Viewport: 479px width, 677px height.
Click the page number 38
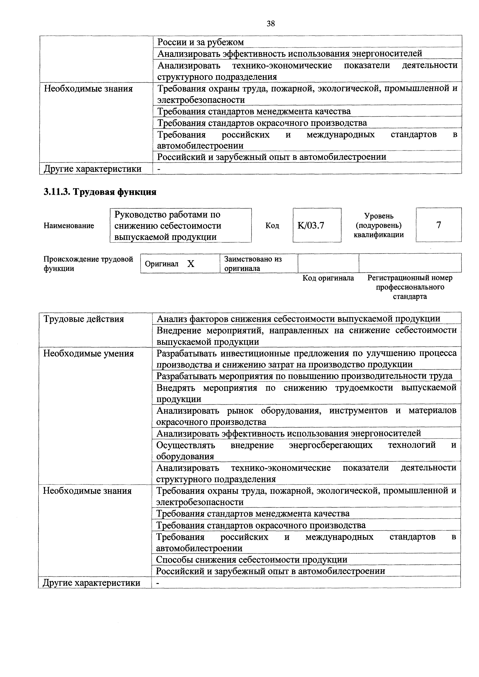coord(270,24)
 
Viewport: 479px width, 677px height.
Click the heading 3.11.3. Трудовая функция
coord(100,192)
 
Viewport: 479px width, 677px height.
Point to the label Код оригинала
coord(328,278)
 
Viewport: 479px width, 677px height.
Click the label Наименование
coord(69,226)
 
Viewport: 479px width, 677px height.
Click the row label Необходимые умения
coord(88,353)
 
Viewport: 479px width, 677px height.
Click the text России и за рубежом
coord(200,42)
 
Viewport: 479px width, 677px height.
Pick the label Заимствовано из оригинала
coord(253,264)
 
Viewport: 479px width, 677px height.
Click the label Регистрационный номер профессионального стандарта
coord(410,287)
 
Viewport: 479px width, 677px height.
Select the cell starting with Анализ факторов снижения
coord(298,319)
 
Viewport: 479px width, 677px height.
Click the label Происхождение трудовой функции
coord(88,264)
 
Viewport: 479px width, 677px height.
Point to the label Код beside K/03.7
coord(272,226)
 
